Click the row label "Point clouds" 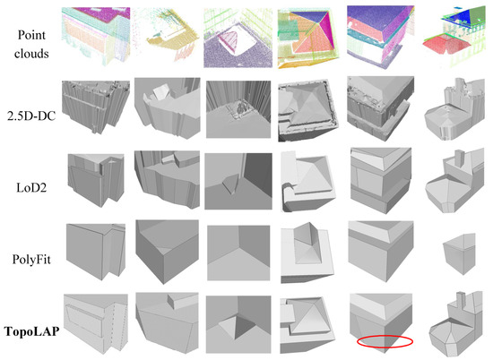(31, 44)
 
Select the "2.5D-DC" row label (31, 116)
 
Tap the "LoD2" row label (31, 188)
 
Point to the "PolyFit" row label (31, 260)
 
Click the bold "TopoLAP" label (31, 331)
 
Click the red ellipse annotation (385, 336)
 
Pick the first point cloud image (96, 36)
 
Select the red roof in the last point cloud (445, 44)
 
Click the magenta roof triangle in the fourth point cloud (325, 30)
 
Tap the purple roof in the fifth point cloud (379, 18)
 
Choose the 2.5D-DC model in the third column (238, 109)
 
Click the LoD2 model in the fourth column (308, 181)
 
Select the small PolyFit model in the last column (459, 253)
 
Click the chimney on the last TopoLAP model (461, 300)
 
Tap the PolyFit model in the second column (168, 252)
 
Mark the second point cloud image (167, 36)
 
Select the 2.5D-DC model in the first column (96, 107)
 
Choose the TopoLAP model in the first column (96, 323)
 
